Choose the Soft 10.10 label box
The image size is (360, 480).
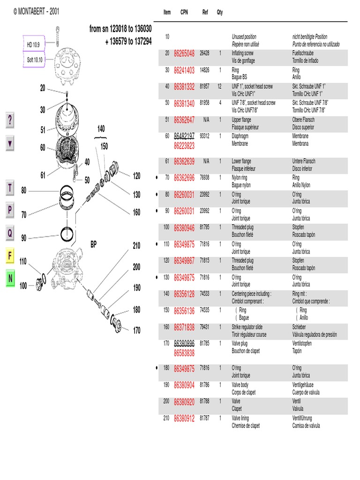34,60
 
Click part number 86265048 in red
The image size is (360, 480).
184,54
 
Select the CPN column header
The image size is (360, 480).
184,12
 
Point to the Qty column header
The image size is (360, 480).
220,12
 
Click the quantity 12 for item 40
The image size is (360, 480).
219,86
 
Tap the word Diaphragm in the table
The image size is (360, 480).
241,136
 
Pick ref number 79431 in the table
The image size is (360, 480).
205,327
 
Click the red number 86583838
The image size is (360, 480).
184,352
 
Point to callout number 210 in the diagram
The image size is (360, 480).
136,246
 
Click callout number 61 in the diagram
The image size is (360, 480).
43,175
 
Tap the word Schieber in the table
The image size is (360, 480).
299,327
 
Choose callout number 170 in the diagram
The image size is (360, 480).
136,330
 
